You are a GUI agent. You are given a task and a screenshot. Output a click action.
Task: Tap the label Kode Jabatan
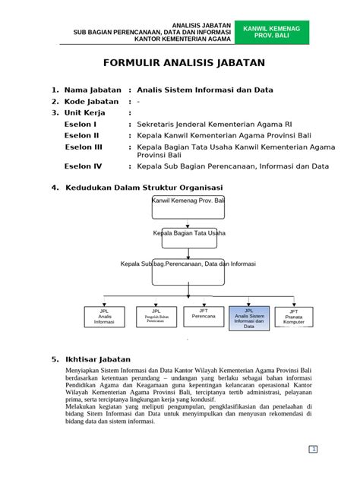(x=90, y=101)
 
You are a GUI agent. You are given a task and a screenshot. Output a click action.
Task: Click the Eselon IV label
(x=82, y=165)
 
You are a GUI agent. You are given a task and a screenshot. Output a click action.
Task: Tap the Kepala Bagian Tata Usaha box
(x=188, y=234)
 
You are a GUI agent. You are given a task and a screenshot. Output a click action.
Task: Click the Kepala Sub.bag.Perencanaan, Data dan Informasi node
(x=188, y=264)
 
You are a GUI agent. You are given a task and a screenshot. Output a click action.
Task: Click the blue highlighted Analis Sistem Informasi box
(x=248, y=317)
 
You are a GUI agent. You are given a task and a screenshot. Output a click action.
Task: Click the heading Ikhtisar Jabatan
(x=98, y=358)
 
